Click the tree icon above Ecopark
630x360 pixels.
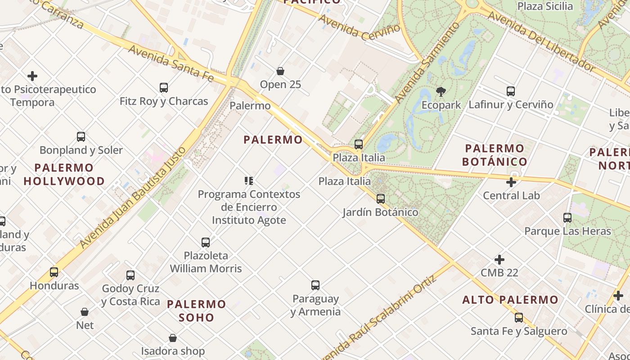441,92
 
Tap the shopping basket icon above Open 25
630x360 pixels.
280,71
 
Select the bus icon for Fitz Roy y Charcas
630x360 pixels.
164,88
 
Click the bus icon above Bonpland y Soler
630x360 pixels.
81,137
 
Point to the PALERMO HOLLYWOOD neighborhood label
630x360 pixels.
64,175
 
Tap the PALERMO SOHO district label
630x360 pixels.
197,310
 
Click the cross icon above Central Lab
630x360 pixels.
511,182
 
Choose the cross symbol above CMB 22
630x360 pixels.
499,260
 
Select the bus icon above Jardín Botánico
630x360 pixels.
381,198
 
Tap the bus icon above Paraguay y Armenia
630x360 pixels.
315,285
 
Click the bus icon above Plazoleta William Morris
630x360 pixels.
206,243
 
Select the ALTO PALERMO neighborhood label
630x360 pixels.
510,300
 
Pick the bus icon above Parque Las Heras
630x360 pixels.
567,218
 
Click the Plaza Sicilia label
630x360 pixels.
545,6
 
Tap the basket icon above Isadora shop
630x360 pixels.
173,338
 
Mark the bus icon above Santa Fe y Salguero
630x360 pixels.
519,318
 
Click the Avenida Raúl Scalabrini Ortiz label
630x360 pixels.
379,318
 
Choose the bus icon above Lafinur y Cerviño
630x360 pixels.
511,91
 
